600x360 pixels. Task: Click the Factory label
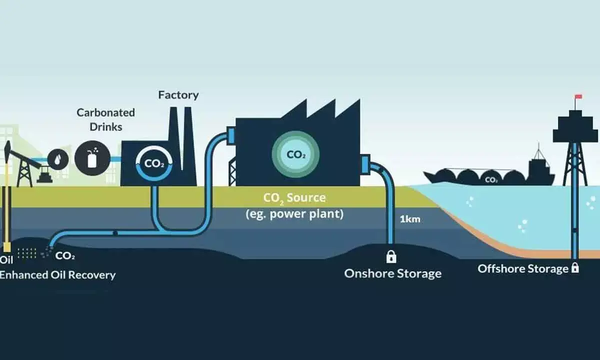pyautogui.click(x=178, y=94)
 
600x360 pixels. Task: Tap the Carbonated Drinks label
pyautogui.click(x=105, y=119)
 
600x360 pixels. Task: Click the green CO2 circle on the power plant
pyautogui.click(x=296, y=154)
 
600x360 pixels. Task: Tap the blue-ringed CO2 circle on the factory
pyautogui.click(x=154, y=163)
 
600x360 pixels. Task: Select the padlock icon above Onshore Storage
pyautogui.click(x=391, y=256)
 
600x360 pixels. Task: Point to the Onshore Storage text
pyautogui.click(x=392, y=273)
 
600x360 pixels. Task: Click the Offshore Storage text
pyautogui.click(x=522, y=268)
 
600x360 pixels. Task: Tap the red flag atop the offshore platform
pyautogui.click(x=578, y=96)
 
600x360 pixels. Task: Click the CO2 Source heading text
pyautogui.click(x=294, y=198)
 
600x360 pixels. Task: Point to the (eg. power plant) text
pyautogui.click(x=294, y=213)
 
